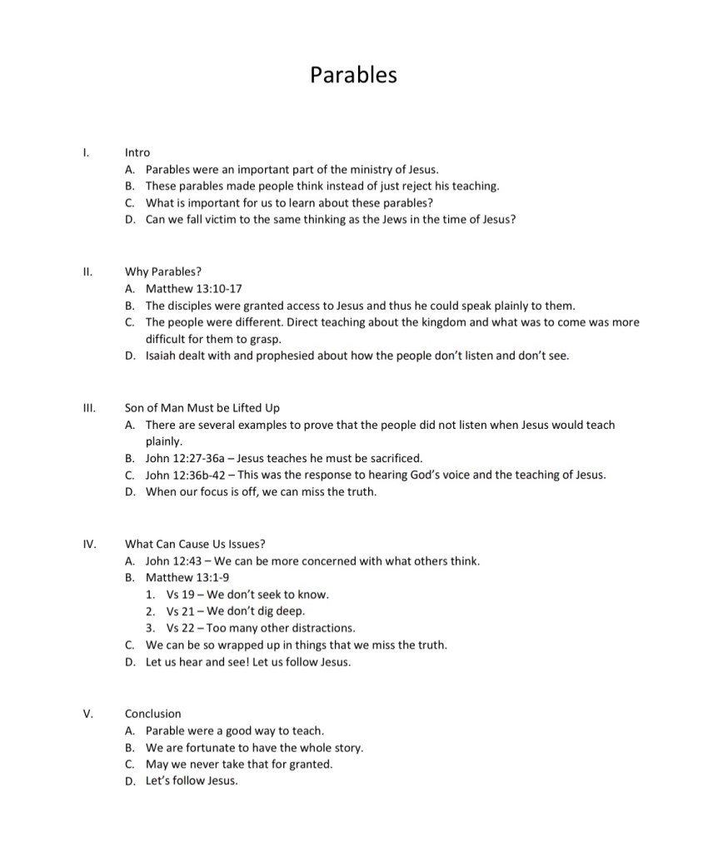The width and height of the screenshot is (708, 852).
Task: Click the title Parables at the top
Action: [x=353, y=75]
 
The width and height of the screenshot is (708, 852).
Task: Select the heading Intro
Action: [x=137, y=152]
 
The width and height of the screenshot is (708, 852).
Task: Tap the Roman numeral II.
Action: [x=87, y=272]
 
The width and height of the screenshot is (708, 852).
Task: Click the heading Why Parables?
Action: [x=163, y=272]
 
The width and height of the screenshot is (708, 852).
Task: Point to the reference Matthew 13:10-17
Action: [x=193, y=288]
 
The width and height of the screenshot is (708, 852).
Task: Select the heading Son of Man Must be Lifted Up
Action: [x=202, y=407]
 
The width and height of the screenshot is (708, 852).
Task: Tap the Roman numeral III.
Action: [x=89, y=407]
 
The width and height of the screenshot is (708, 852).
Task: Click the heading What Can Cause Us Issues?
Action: [x=195, y=544]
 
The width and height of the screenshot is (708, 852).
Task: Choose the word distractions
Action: [x=323, y=628]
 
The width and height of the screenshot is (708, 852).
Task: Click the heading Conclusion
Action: [x=152, y=714]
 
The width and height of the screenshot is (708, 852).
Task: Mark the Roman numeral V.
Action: [x=87, y=714]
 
